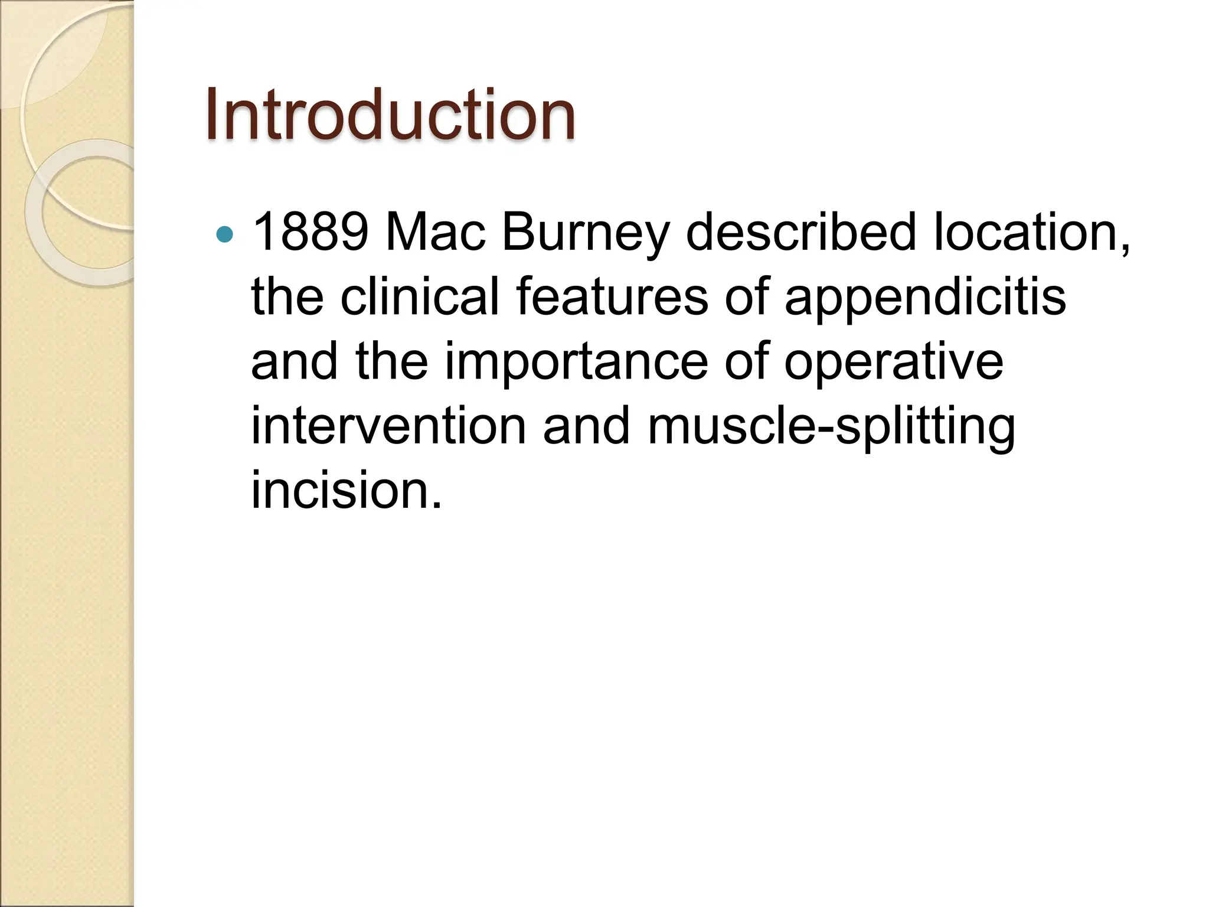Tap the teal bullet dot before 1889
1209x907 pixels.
[x=225, y=235]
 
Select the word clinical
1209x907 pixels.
[x=420, y=296]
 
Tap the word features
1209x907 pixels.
[x=612, y=296]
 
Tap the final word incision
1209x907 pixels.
[x=346, y=490]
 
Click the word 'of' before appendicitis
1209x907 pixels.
[x=746, y=296]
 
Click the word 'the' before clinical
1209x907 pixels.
[x=287, y=296]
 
